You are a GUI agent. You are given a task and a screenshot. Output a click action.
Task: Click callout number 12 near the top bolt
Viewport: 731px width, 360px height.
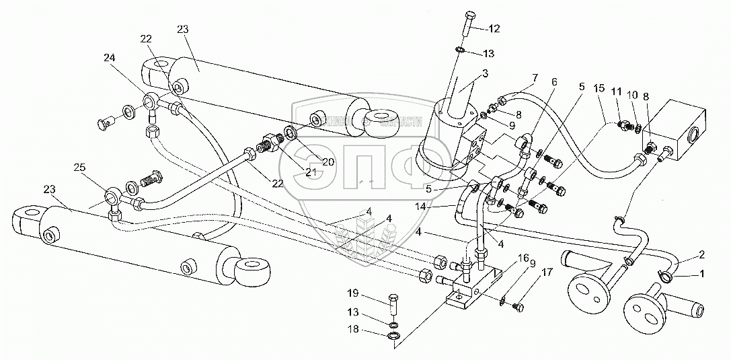494,28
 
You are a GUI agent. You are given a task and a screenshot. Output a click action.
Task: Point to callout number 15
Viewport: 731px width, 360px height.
599,89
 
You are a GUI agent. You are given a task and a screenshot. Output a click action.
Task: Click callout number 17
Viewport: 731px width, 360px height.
545,272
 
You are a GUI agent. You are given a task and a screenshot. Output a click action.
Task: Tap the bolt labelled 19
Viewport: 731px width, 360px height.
393,305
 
